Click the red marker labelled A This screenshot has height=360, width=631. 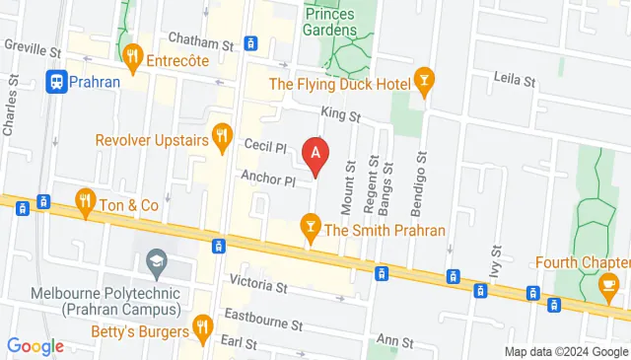point(315,154)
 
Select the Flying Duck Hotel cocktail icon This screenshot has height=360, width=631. point(424,78)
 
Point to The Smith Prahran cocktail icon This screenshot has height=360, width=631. point(312,226)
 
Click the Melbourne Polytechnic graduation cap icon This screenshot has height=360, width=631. point(155,261)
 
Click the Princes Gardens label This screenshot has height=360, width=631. point(330,21)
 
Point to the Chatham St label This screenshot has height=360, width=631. point(200,44)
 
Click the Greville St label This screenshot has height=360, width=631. point(33,46)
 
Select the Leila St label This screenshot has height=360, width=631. point(514,78)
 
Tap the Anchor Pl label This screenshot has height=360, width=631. point(268,180)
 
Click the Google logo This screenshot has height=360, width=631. point(35,346)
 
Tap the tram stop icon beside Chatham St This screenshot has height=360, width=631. point(251,43)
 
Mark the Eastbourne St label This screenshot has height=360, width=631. point(262,322)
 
